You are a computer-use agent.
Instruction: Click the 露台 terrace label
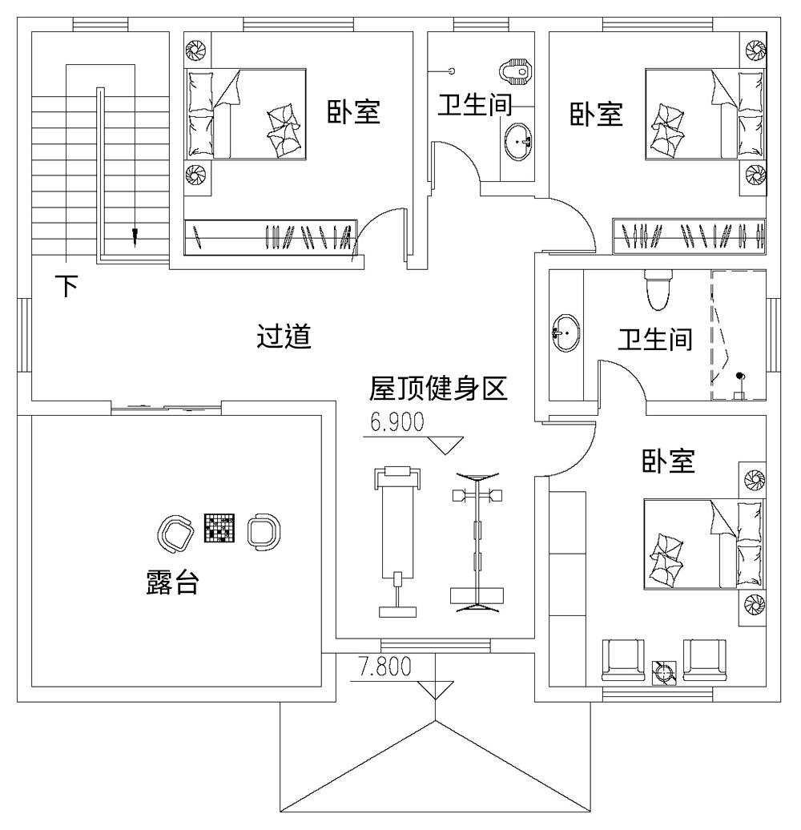pos(172,582)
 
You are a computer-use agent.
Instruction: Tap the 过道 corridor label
pos(284,336)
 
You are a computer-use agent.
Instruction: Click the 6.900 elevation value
pos(396,422)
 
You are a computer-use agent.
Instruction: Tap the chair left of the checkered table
pos(175,532)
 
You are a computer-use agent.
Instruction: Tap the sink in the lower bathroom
pos(566,331)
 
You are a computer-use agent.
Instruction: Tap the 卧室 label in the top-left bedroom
pos(352,113)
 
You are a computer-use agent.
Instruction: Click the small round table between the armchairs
pos(665,671)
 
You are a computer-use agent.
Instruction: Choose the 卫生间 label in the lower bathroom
pos(654,340)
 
